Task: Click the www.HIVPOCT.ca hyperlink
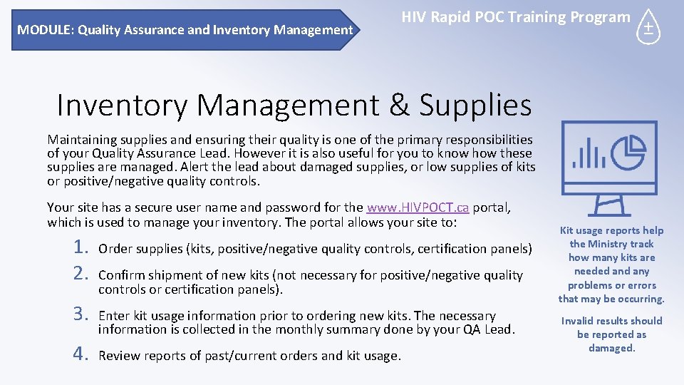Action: click(x=418, y=208)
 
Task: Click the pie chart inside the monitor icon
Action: click(x=629, y=151)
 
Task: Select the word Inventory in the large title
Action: click(x=121, y=106)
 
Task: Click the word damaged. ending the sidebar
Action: click(x=611, y=348)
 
